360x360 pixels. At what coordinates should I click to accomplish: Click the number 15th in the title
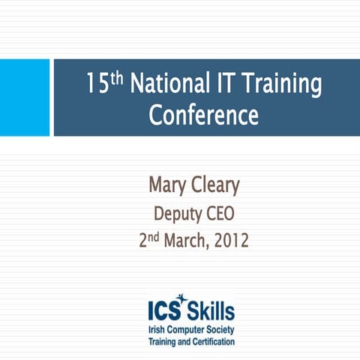coord(105,84)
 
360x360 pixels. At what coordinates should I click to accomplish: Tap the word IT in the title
coord(226,84)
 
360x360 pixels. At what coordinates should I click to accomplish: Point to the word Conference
coord(203,116)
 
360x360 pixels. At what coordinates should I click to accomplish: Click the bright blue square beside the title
coord(25,97)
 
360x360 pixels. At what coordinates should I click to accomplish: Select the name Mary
coord(168,186)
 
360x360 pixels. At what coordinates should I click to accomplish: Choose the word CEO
coord(221,214)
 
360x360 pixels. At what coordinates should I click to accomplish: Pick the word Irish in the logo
coord(157,328)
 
